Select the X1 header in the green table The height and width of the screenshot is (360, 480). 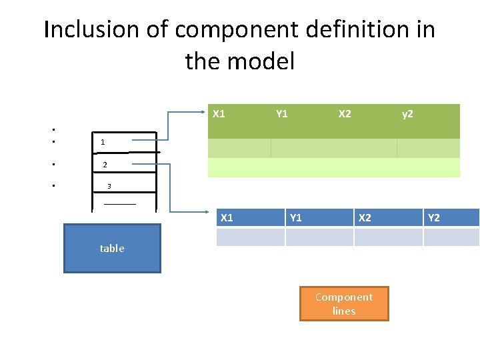pyautogui.click(x=219, y=113)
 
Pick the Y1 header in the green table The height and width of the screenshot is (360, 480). pyautogui.click(x=282, y=113)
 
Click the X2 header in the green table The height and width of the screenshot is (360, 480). pyautogui.click(x=345, y=113)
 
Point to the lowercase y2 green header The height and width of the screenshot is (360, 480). pyautogui.click(x=407, y=114)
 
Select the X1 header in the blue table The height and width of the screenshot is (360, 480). pyautogui.click(x=227, y=217)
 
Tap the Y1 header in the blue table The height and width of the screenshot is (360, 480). pyautogui.click(x=296, y=217)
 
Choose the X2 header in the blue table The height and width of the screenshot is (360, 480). pyautogui.click(x=365, y=217)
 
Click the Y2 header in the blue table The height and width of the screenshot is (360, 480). pyautogui.click(x=434, y=217)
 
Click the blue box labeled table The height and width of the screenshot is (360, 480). pyautogui.click(x=112, y=249)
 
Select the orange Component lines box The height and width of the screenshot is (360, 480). pyautogui.click(x=344, y=304)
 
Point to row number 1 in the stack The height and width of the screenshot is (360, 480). pyautogui.click(x=103, y=142)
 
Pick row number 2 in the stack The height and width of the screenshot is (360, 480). pyautogui.click(x=105, y=165)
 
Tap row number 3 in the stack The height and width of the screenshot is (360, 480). pyautogui.click(x=109, y=186)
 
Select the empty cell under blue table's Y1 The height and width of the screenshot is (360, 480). pyautogui.click(x=319, y=237)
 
